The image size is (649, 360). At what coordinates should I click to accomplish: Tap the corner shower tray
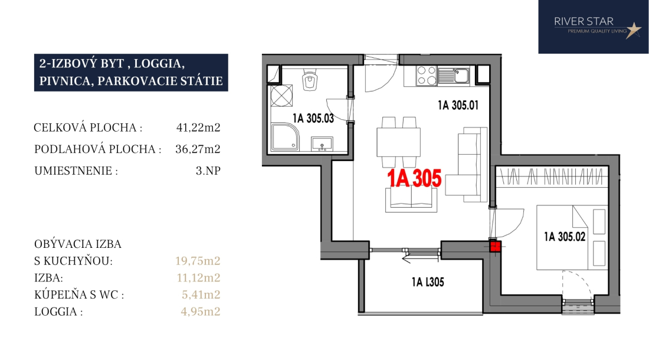(285, 137)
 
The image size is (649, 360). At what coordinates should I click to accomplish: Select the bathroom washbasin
(322, 144)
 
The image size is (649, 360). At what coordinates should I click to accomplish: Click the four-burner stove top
(427, 76)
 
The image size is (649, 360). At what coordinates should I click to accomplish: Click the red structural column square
(496, 247)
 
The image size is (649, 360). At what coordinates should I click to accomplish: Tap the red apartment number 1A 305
(414, 178)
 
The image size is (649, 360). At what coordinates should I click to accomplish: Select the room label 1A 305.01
(458, 105)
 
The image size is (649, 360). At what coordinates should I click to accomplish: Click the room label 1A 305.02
(565, 237)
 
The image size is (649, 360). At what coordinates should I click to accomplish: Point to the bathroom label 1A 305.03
(313, 119)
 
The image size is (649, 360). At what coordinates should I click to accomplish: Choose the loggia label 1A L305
(428, 282)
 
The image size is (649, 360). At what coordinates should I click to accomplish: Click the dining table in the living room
(399, 142)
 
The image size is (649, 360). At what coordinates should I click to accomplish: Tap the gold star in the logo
(633, 30)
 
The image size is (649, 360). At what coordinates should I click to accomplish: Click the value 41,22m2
(198, 127)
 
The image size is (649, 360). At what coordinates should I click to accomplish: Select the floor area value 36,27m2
(198, 149)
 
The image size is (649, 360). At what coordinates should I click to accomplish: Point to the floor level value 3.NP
(208, 171)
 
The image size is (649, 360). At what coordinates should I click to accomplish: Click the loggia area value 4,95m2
(201, 311)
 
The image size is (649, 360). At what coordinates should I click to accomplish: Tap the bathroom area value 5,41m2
(201, 294)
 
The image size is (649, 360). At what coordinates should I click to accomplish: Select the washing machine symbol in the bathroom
(281, 96)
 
